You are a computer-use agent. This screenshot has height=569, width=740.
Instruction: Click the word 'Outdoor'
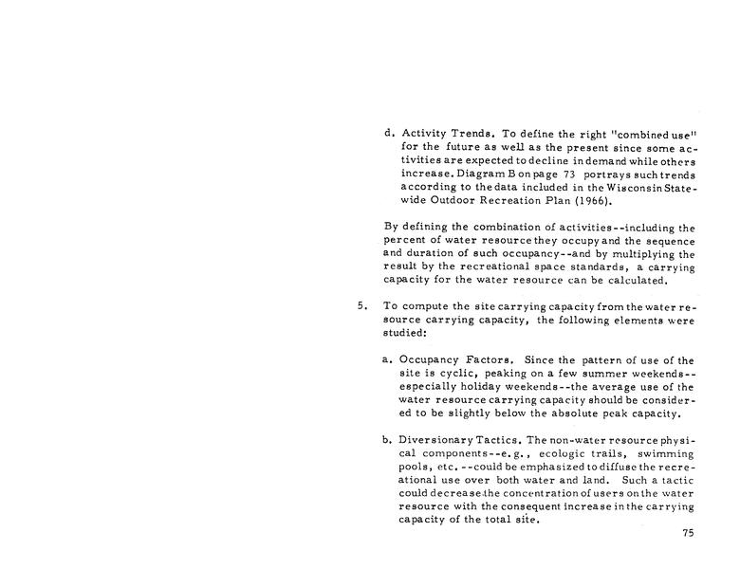click(466, 201)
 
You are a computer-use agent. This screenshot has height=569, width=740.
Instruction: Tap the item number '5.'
click(361, 306)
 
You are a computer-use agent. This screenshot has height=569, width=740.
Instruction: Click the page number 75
click(688, 534)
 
